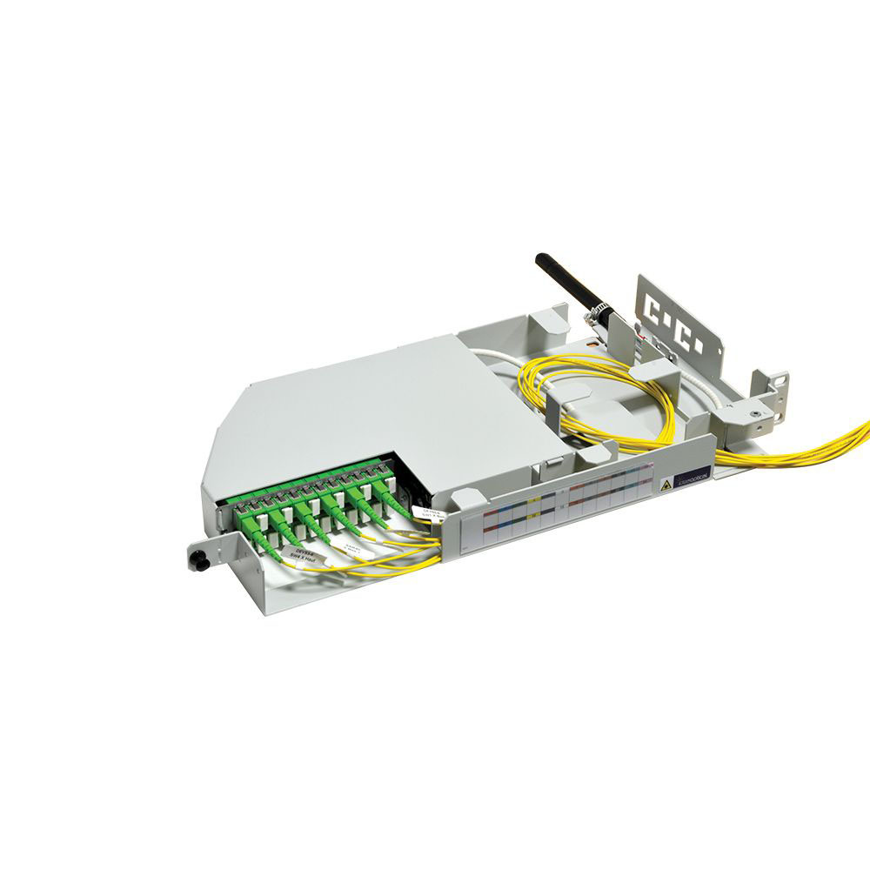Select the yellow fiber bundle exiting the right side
coord(809,448)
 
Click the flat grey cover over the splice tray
coord(365,409)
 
